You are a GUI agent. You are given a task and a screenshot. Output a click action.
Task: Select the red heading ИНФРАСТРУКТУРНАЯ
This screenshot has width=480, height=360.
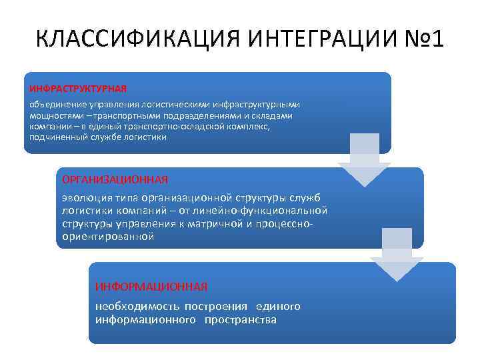pyautogui.click(x=77, y=88)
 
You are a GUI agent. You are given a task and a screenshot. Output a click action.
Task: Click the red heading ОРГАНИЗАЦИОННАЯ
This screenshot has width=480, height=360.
pyautogui.click(x=115, y=179)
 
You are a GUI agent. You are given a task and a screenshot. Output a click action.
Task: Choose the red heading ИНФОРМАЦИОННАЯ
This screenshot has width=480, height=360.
pyautogui.click(x=151, y=286)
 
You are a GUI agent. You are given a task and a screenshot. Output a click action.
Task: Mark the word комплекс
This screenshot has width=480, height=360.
pyautogui.click(x=249, y=126)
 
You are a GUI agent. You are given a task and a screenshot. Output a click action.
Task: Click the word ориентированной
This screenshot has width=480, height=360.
pyautogui.click(x=108, y=236)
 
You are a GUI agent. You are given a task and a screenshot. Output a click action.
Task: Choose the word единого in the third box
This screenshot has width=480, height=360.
pyautogui.click(x=279, y=306)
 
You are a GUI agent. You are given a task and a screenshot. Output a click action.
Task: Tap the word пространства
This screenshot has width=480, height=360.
pyautogui.click(x=241, y=319)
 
